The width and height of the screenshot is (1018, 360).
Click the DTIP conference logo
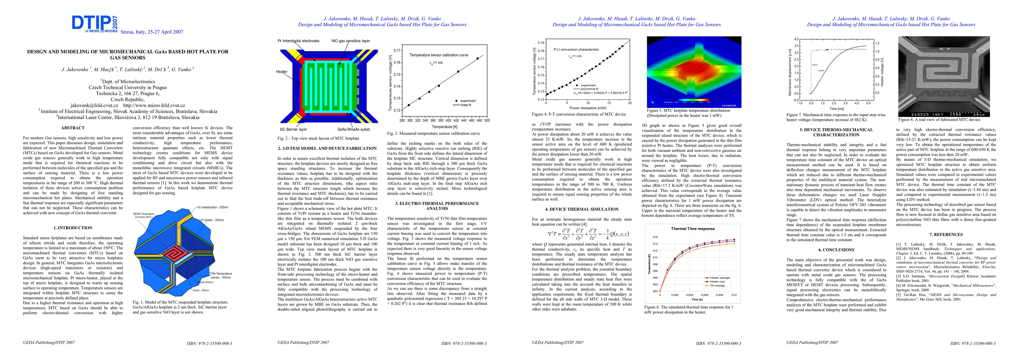95,24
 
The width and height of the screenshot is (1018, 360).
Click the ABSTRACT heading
73,128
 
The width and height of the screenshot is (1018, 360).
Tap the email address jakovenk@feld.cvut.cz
95,106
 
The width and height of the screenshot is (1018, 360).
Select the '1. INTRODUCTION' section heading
73,228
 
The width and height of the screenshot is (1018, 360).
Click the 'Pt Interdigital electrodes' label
298,41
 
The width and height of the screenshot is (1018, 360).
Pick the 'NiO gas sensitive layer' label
351,41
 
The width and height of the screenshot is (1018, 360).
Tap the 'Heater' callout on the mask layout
282,71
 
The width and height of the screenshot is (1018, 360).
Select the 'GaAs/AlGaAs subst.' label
354,129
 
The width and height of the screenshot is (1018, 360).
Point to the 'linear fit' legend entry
465,105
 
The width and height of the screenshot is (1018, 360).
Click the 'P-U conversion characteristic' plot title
576,50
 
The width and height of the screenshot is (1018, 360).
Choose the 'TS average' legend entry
717,285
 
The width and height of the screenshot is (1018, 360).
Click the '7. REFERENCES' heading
946,235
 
